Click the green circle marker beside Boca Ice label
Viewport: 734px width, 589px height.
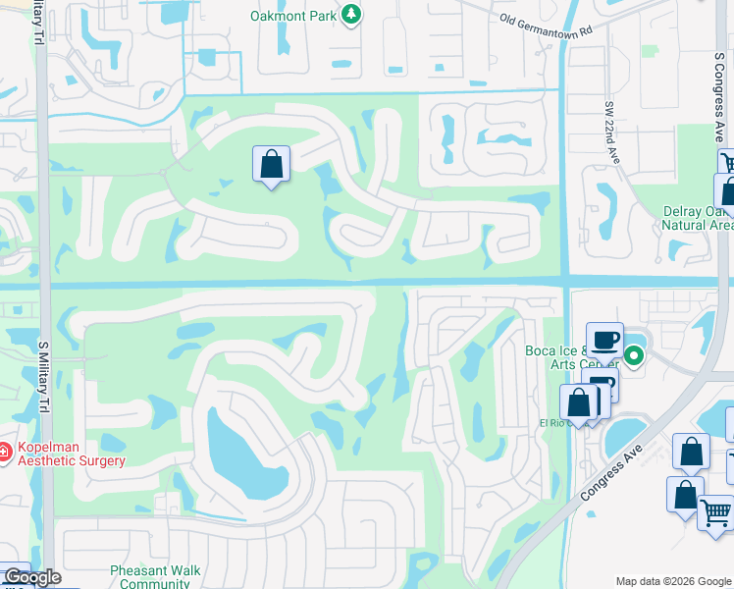(x=635, y=356)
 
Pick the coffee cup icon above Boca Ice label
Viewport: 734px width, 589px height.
(x=604, y=340)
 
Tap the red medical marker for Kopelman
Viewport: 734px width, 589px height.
(x=6, y=453)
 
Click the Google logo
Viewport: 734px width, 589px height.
(x=31, y=577)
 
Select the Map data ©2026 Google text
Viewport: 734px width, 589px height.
(x=672, y=581)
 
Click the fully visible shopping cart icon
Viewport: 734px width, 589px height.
(x=716, y=511)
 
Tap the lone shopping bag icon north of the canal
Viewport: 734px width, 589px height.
(x=271, y=164)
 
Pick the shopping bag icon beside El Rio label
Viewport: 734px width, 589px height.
(x=578, y=402)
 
